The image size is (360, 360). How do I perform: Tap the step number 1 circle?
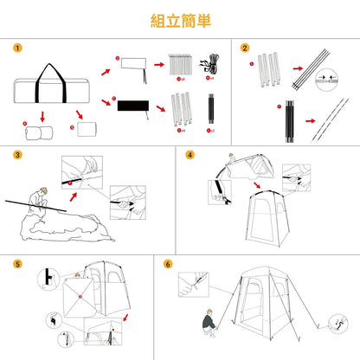17,48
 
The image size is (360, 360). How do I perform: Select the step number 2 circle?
245,48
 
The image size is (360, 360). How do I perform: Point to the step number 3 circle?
17,157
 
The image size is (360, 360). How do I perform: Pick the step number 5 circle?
17,263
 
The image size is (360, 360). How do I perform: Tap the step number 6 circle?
168,263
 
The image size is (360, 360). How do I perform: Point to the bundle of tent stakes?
182,67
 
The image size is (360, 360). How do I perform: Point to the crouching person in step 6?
209,325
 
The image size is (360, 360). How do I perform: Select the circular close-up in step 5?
47,279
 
